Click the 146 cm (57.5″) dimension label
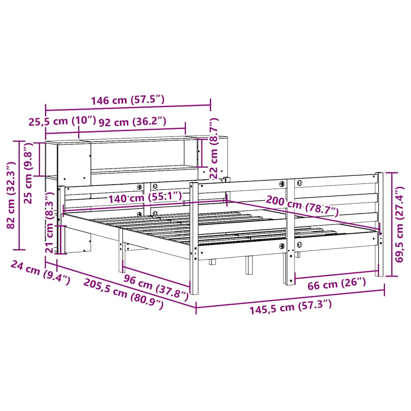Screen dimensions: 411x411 point(128,100)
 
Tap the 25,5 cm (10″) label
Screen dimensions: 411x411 point(62,121)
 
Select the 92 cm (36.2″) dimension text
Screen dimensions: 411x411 point(132,122)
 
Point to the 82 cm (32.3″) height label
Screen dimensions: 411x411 point(11,195)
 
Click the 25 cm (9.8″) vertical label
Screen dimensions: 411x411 point(28,173)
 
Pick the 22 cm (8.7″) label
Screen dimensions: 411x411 point(214,148)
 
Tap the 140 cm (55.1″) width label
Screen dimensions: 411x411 point(145,197)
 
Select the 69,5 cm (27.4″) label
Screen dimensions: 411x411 point(400,225)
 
